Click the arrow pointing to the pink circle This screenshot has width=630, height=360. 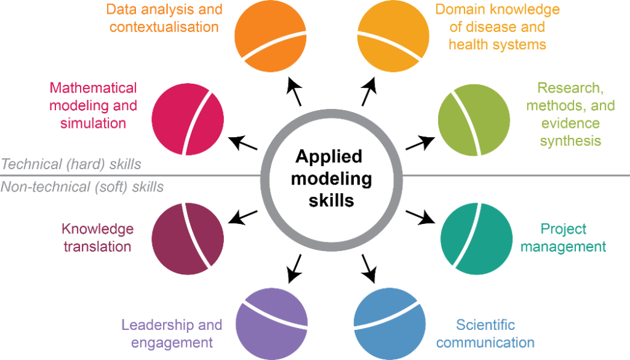point(242,143)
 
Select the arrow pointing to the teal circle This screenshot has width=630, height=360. point(420,217)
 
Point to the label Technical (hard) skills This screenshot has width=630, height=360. point(71,164)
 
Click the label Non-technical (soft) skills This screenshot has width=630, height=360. point(82,186)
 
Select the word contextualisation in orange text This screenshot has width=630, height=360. point(164,27)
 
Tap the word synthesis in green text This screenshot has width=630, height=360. point(570,141)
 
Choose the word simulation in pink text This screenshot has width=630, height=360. point(93,122)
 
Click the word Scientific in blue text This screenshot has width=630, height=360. point(485,325)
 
